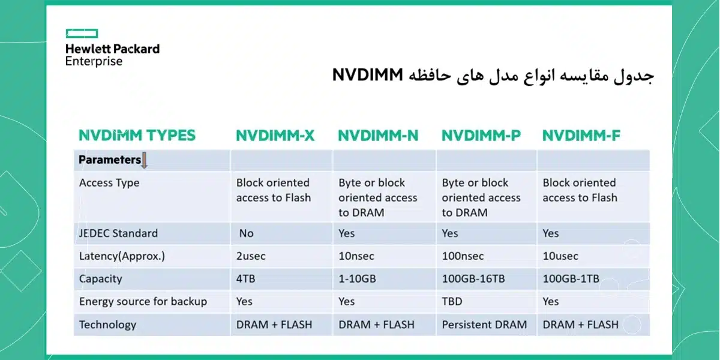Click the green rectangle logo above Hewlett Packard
[82, 34]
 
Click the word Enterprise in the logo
[94, 61]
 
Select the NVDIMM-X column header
[275, 136]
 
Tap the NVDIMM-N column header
[378, 136]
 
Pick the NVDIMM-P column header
[481, 136]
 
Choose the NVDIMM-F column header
[581, 136]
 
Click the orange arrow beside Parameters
[145, 160]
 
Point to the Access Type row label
[109, 183]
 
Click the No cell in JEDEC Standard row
[247, 233]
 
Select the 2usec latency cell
[251, 256]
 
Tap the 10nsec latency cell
[356, 256]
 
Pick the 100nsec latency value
[463, 256]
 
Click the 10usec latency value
[560, 256]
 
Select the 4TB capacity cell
[245, 278]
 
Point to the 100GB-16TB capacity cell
[473, 278]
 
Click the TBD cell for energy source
[452, 301]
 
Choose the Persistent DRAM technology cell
[484, 325]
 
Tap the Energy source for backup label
[143, 302]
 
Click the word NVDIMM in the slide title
[367, 75]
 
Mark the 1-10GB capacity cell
[357, 278]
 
